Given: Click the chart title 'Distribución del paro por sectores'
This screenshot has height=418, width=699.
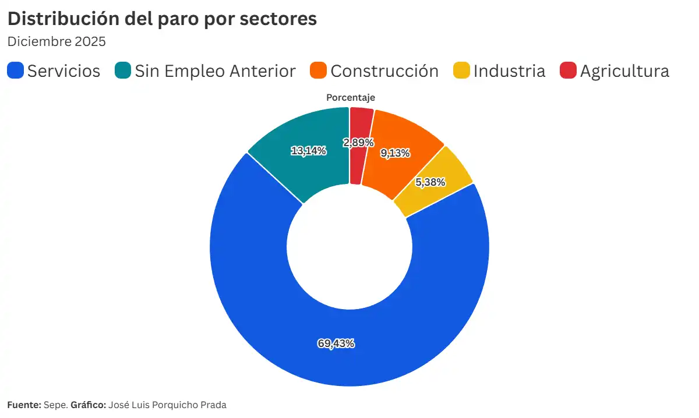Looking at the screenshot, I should [x=162, y=19].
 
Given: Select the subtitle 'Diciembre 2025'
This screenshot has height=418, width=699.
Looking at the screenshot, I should [x=56, y=42].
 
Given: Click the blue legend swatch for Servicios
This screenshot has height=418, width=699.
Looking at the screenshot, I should [x=16, y=71].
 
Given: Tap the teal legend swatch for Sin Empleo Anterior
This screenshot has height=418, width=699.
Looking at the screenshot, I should [x=123, y=71].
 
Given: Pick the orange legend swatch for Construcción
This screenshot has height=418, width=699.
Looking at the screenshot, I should [x=319, y=71].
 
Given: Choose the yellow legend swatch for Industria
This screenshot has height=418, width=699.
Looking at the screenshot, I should [x=461, y=71].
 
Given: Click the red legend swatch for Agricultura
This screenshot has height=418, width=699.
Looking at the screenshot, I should [x=568, y=71].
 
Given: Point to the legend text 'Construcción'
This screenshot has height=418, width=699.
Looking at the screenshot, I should [x=384, y=71].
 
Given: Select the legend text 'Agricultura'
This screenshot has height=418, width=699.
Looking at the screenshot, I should [x=624, y=71].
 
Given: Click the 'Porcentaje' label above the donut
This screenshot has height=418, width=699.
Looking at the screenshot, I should [x=350, y=98].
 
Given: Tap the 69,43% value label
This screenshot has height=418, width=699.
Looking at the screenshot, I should [x=336, y=343].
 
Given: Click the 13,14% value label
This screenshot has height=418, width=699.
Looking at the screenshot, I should [x=309, y=151].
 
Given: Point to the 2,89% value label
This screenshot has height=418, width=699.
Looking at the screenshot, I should [x=358, y=143].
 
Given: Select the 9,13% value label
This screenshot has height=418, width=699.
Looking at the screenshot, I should [x=395, y=153].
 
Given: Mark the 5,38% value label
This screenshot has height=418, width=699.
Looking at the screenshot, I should [x=430, y=182].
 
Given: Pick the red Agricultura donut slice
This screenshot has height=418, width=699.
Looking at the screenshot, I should [x=361, y=125].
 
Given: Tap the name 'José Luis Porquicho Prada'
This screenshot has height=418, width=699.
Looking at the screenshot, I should [x=167, y=405].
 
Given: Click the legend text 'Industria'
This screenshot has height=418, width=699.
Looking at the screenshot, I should [x=509, y=71].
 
